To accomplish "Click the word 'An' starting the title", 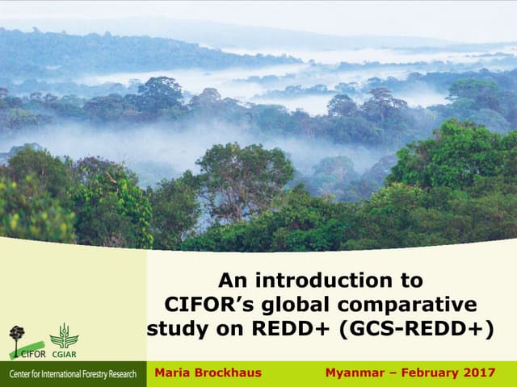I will (232, 281).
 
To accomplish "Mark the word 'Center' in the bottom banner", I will (17, 375).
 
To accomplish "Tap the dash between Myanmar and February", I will (388, 373).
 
